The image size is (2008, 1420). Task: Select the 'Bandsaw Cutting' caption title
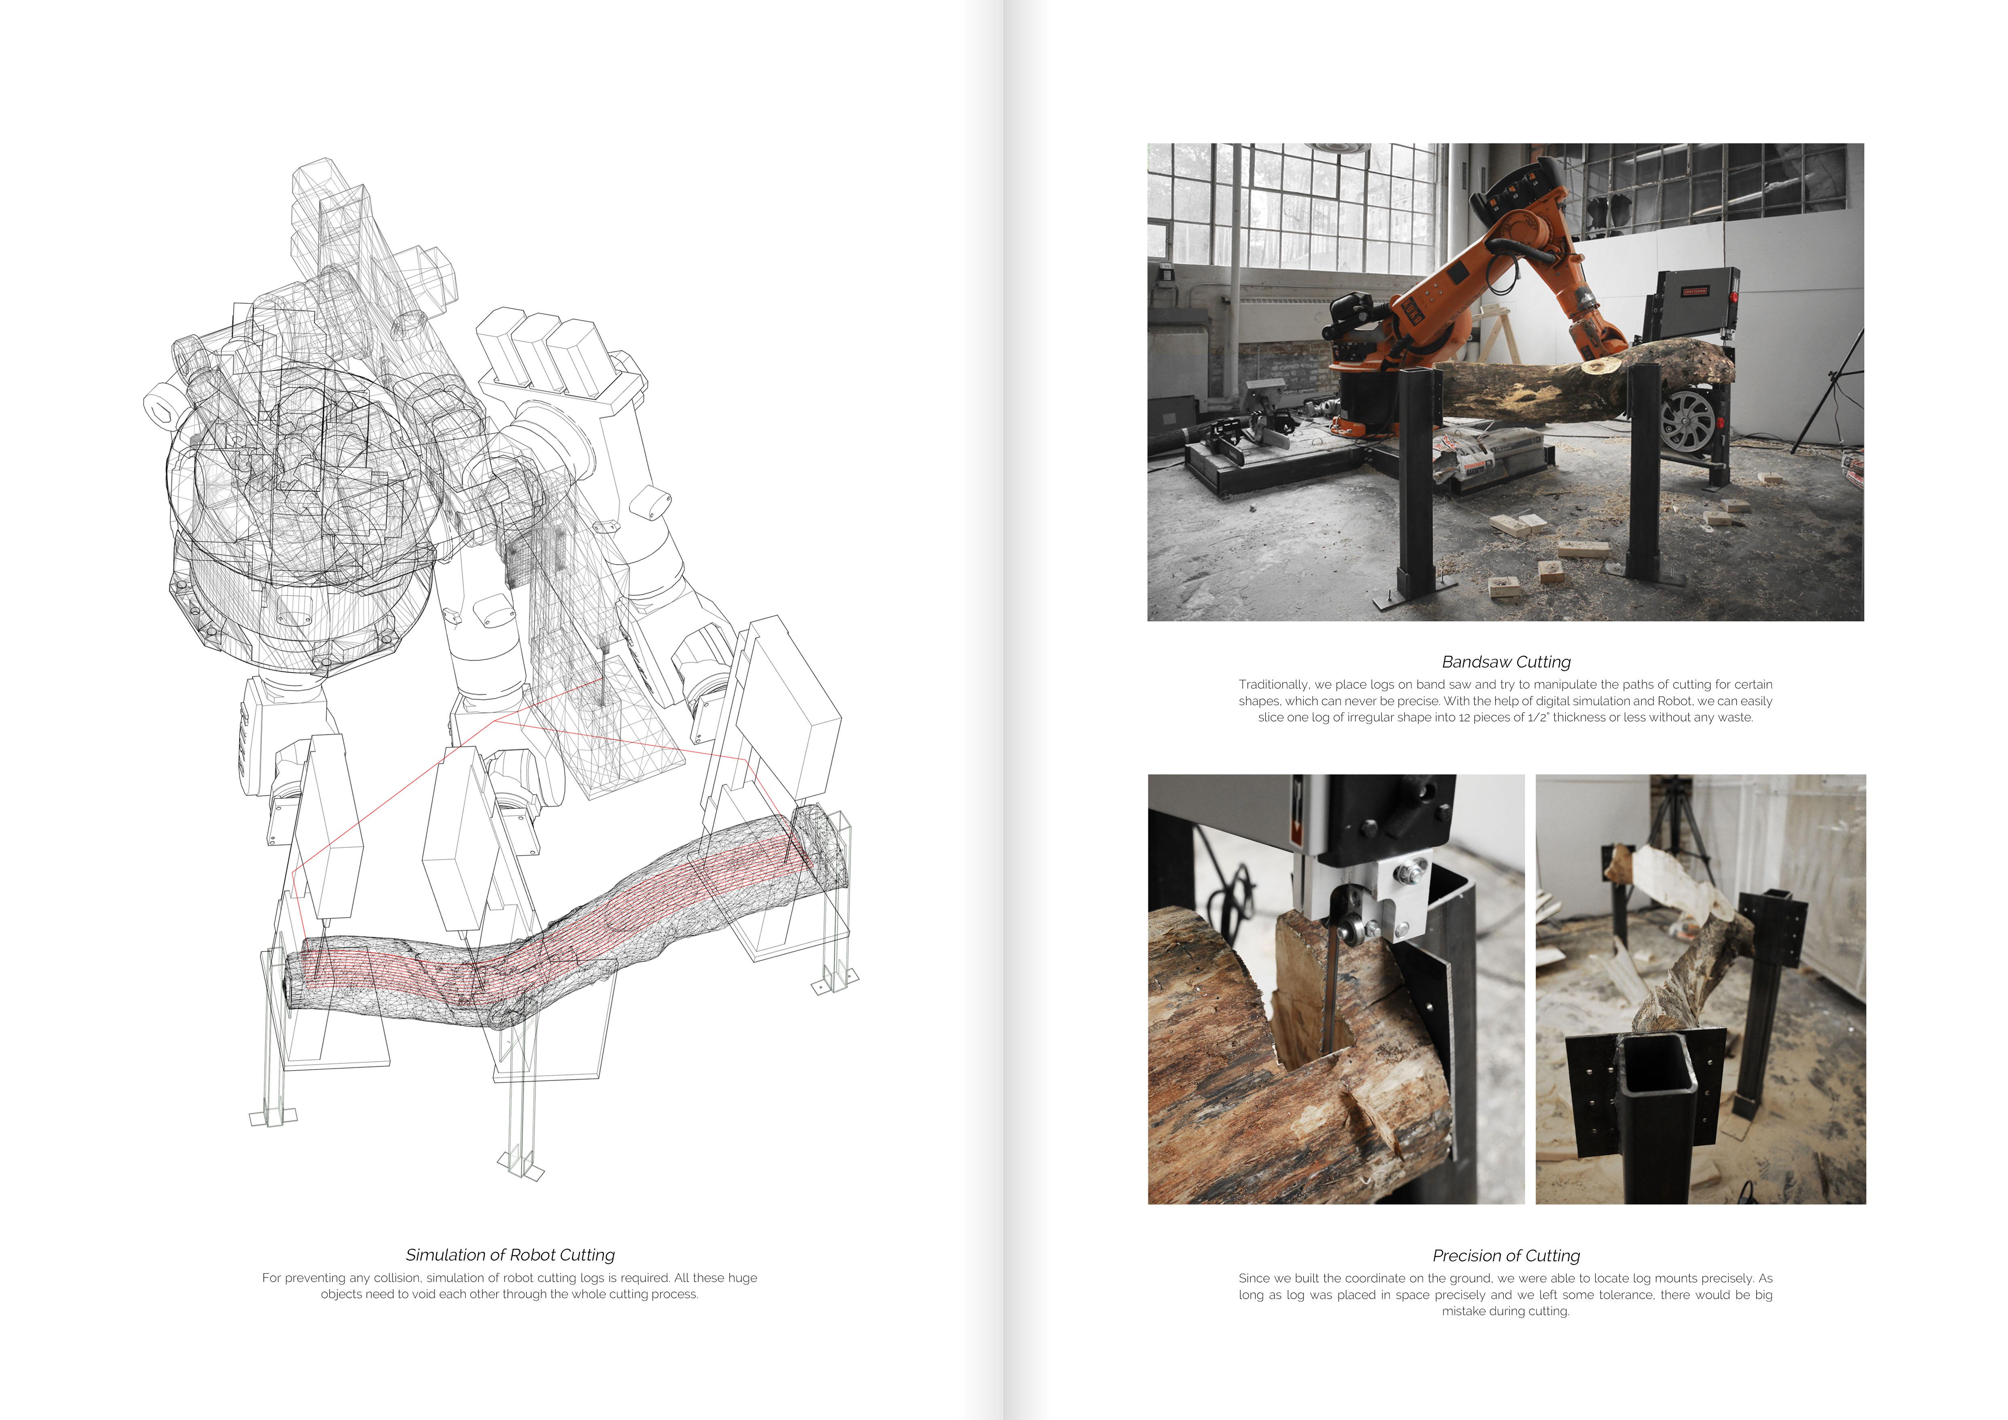(1506, 662)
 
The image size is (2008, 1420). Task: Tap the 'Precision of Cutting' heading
(1506, 1256)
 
